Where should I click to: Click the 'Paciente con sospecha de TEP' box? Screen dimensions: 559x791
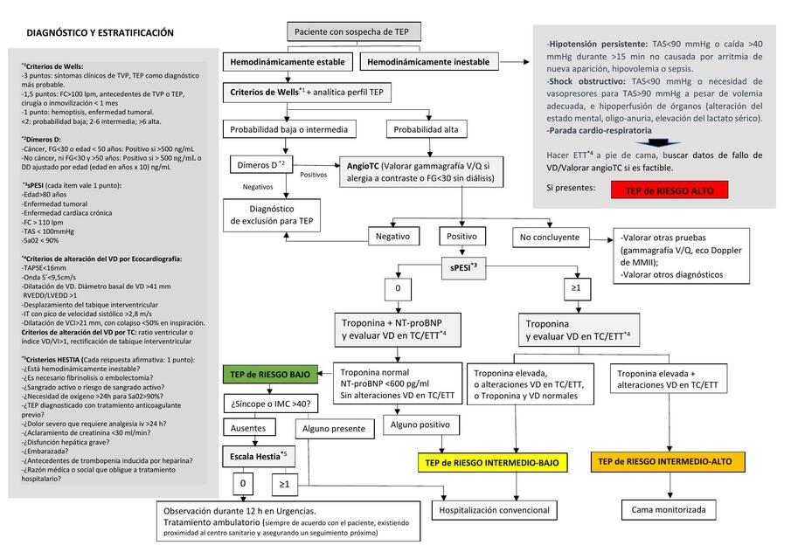pyautogui.click(x=355, y=32)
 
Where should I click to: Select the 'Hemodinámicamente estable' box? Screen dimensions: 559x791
pyautogui.click(x=288, y=62)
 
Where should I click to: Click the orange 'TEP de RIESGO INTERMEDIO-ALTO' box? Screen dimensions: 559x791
pyautogui.click(x=667, y=461)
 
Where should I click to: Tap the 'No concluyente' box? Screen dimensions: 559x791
pyautogui.click(x=549, y=237)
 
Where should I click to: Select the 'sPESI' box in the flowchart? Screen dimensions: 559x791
pyautogui.click(x=463, y=269)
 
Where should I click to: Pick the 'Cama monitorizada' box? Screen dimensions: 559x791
pyautogui.click(x=668, y=509)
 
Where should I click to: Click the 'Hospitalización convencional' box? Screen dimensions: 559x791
pyautogui.click(x=495, y=510)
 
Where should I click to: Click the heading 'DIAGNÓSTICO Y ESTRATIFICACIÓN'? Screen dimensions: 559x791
pyautogui.click(x=101, y=33)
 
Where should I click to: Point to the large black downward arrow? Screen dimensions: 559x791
pyautogui.click(x=663, y=142)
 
